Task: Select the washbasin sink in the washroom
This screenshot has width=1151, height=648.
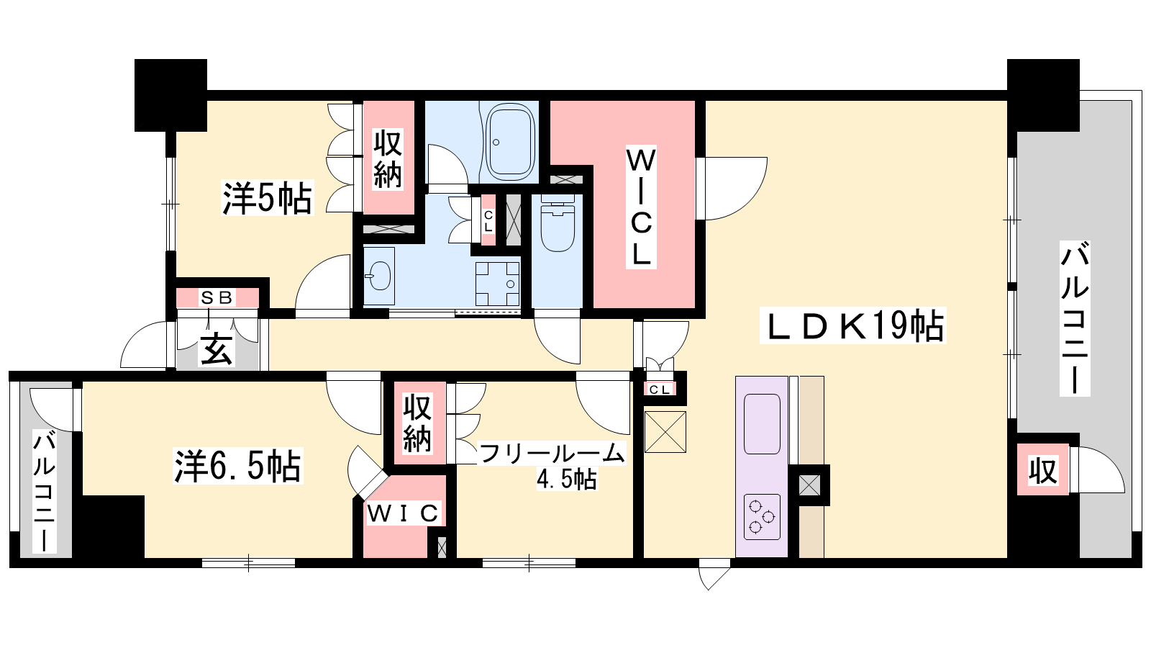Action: click(x=379, y=276)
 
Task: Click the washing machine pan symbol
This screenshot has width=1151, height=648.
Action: click(x=497, y=284)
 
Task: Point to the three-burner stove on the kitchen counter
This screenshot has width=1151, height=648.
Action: click(x=762, y=517)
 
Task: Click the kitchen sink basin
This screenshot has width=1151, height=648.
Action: click(x=762, y=424)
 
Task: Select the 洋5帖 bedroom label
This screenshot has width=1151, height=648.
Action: click(x=267, y=198)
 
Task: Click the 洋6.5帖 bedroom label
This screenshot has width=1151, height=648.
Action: click(x=238, y=466)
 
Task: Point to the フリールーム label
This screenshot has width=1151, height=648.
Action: click(x=552, y=454)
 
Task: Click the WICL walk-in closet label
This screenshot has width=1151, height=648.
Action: click(x=641, y=207)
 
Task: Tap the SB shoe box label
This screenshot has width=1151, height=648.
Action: click(x=217, y=297)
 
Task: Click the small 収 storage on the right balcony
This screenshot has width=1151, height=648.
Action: click(x=1043, y=469)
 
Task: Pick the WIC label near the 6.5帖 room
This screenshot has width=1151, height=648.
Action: click(x=404, y=513)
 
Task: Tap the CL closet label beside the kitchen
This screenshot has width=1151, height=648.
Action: click(x=660, y=390)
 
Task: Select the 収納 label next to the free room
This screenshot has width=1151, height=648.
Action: click(x=417, y=423)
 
